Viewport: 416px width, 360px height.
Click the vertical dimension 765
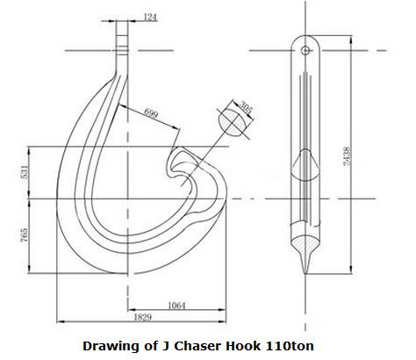[x=24, y=234]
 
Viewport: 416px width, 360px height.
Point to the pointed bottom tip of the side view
[x=305, y=266]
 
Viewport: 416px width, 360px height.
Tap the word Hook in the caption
[x=239, y=345]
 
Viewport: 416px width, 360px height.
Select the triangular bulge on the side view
[x=305, y=162]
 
